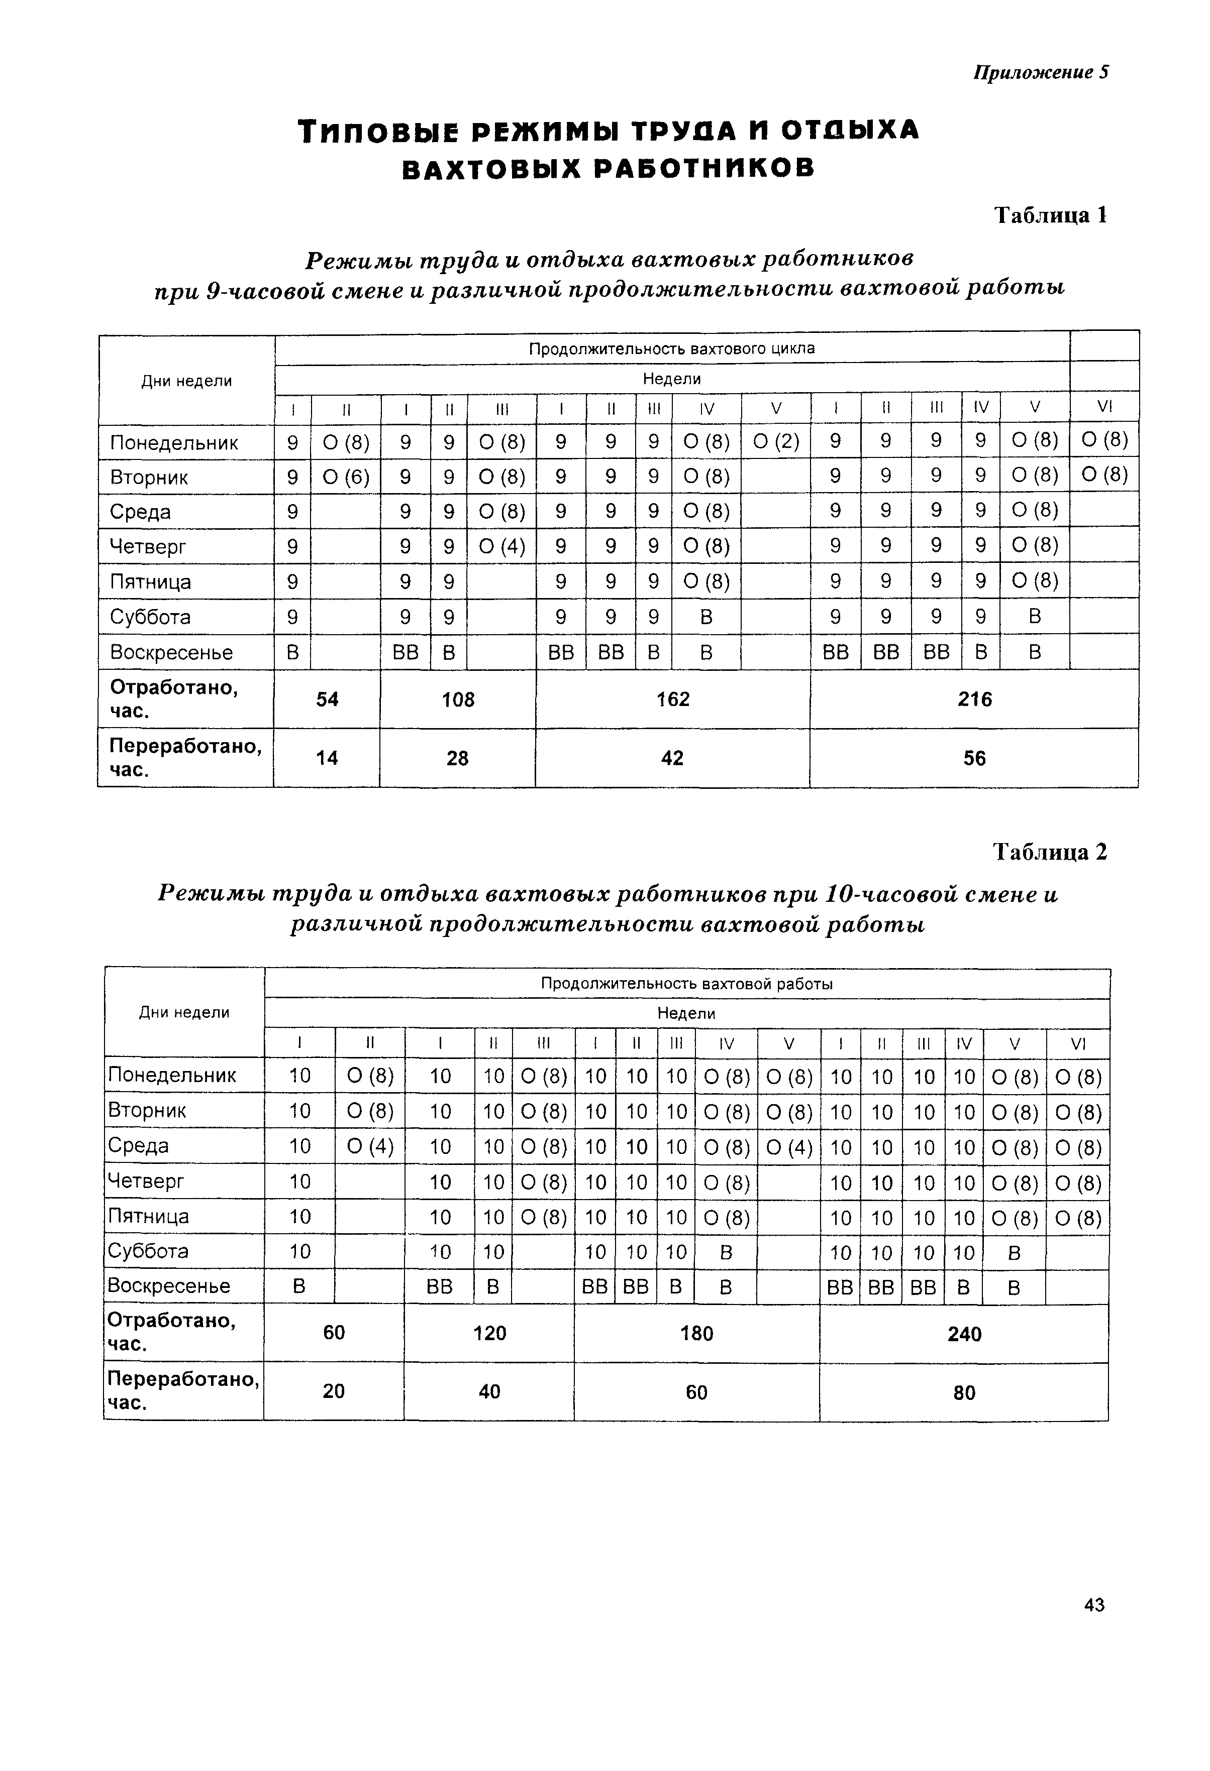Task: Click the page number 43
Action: point(1093,1604)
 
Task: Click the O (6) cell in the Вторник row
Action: point(345,477)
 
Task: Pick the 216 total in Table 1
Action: point(974,699)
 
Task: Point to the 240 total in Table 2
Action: point(964,1334)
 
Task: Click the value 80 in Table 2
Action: point(964,1392)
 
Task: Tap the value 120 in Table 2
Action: point(489,1333)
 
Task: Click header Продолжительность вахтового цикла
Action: point(672,348)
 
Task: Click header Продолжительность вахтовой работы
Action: point(686,984)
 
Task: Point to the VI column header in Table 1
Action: point(1104,407)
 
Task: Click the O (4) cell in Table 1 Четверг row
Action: point(501,546)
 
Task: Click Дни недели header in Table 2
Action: point(184,1012)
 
